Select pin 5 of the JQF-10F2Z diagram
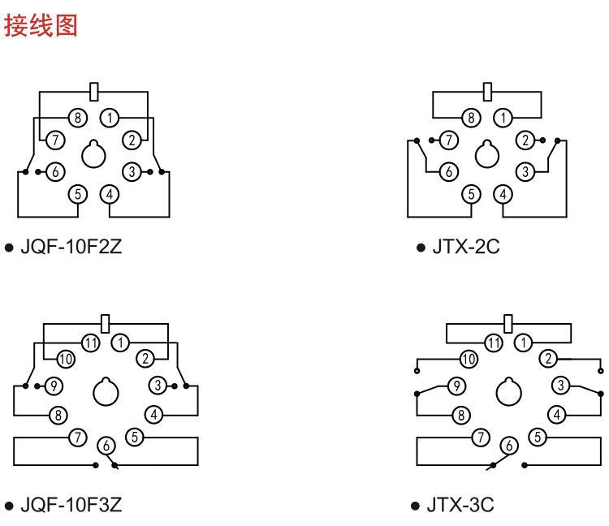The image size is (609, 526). point(79,194)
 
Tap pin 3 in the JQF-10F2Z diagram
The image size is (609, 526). point(130,171)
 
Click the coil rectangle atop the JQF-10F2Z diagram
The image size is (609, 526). point(94,90)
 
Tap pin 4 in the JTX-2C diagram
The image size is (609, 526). point(504,194)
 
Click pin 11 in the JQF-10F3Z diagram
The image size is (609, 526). point(92,342)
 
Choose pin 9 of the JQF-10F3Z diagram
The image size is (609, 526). point(55,385)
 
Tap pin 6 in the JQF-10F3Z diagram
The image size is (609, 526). point(106,445)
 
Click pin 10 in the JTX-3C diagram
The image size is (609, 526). point(469,358)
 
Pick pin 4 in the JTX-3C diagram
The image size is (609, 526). point(556,415)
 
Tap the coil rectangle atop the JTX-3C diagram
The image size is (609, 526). point(508,324)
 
